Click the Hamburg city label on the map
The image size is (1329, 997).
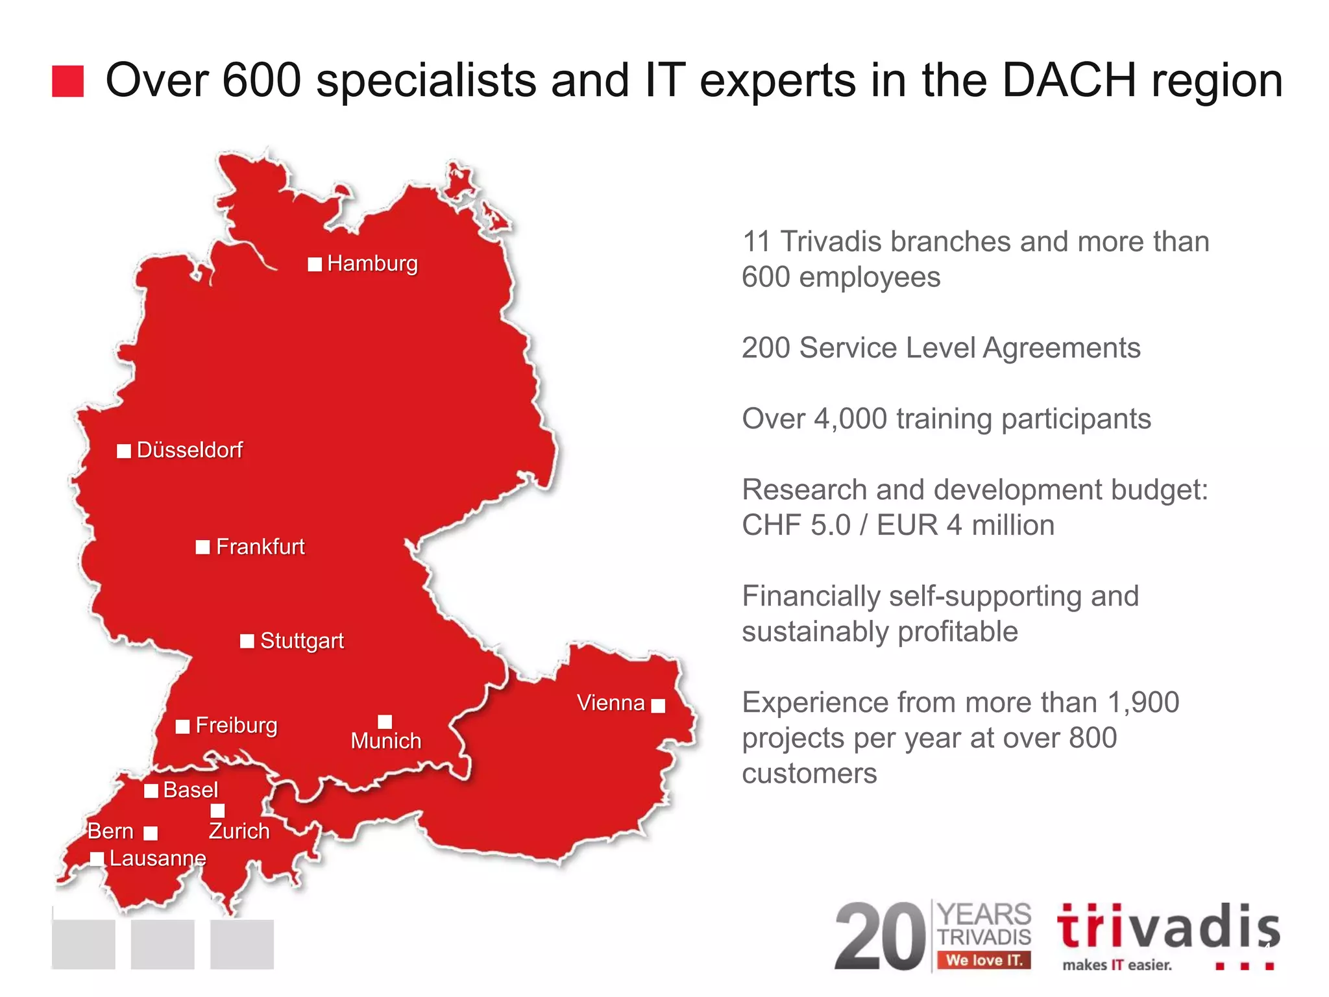372,264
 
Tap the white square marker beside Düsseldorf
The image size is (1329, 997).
124,451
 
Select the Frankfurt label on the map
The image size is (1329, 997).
260,547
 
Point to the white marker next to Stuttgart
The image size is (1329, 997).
247,641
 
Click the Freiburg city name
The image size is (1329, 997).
236,725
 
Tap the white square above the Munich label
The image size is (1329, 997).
385,722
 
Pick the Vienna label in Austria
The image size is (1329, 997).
611,703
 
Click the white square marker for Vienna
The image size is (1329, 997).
658,706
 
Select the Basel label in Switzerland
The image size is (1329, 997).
191,790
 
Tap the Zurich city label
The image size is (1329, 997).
239,831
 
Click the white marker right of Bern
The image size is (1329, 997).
151,833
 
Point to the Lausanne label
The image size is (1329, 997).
158,858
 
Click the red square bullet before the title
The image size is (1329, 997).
68,81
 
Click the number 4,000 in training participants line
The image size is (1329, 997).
850,419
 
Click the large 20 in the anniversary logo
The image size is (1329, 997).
881,937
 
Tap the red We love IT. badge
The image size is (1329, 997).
984,960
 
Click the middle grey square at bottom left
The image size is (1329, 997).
163,944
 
